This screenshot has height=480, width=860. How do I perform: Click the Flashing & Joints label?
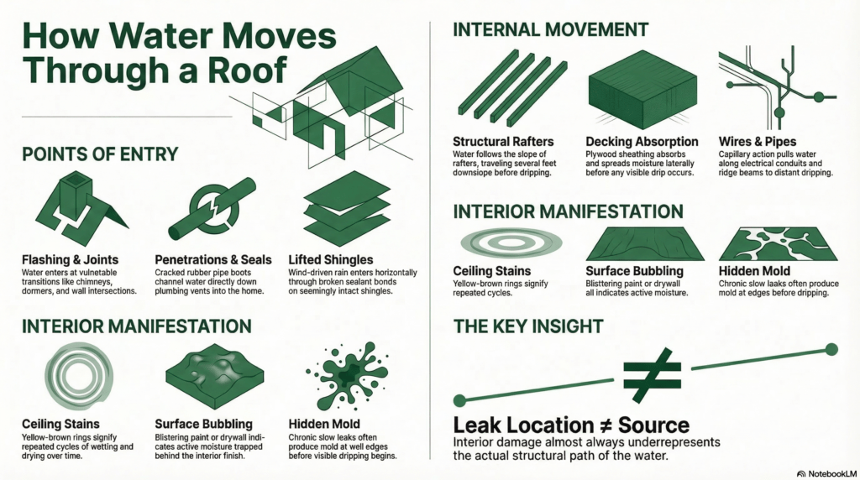[72, 260]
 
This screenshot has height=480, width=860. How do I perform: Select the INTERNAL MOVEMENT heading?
[550, 30]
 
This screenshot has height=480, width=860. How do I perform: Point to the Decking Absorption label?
[642, 141]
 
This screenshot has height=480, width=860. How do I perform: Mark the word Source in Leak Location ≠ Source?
[651, 425]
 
